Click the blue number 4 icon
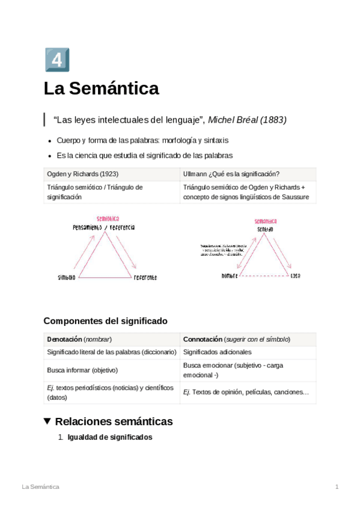[56, 60]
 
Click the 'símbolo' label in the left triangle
[67, 277]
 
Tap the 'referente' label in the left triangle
[145, 277]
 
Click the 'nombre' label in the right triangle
[230, 275]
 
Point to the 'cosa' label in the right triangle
[295, 275]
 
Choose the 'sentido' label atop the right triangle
[265, 229]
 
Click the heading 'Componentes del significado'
[105, 321]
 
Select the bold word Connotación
[203, 339]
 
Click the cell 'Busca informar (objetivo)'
[82, 370]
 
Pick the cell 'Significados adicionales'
[217, 352]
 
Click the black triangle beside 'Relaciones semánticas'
[48, 421]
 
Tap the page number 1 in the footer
[337, 486]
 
